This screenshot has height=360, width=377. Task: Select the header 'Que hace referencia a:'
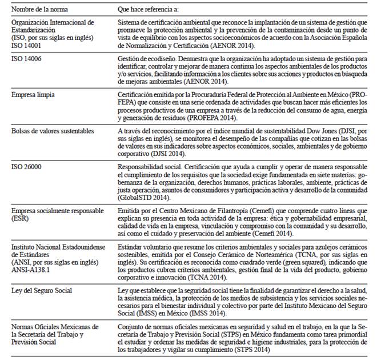pos(149,9)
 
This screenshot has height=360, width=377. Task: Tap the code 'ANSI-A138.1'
pos(30,267)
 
